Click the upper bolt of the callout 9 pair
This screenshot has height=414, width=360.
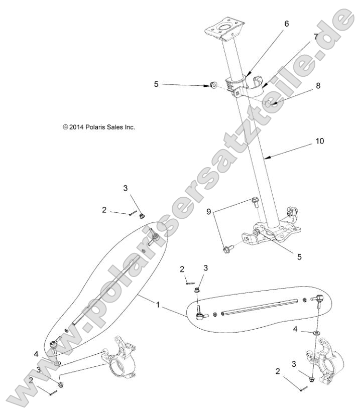(x=255, y=202)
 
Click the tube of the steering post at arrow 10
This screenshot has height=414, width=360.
(x=256, y=161)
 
